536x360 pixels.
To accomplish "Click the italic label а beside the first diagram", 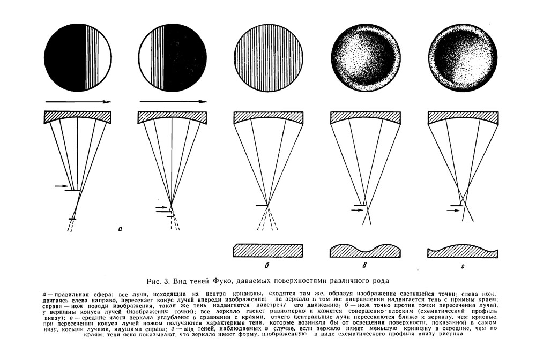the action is pyautogui.click(x=120, y=229).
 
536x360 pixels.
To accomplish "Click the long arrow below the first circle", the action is pyautogui.click(x=78, y=101).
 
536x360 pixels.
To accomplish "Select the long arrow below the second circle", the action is pyautogui.click(x=173, y=101).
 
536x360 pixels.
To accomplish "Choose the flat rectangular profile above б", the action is pyautogui.click(x=268, y=250).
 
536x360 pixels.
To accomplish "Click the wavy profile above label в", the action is pyautogui.click(x=365, y=251).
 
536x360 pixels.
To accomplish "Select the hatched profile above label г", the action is pyautogui.click(x=463, y=251).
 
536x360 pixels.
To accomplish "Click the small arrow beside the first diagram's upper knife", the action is pyautogui.click(x=61, y=186).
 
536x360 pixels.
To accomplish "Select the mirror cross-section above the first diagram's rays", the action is pyautogui.click(x=78, y=118).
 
